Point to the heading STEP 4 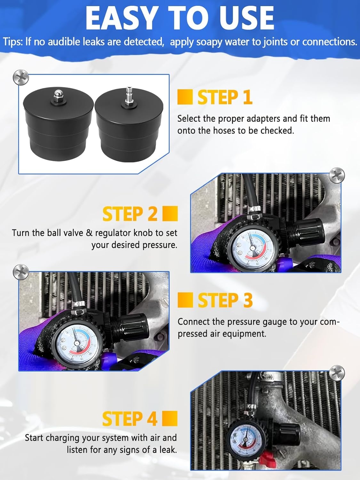[130, 419]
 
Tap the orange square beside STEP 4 [170, 419]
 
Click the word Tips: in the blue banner [13, 42]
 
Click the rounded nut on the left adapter [58, 95]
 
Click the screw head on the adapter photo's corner [21, 77]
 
